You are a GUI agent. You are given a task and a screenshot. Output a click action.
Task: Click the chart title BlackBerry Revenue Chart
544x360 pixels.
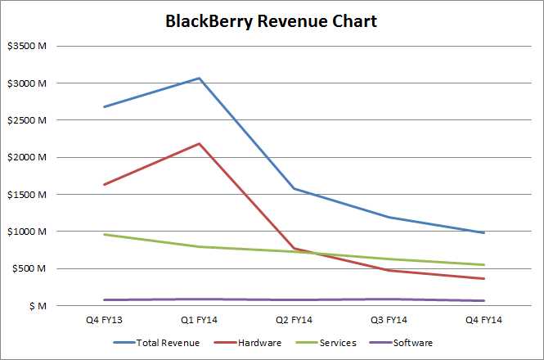(272, 21)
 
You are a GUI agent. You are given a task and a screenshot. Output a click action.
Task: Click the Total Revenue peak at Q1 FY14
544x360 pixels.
(199, 78)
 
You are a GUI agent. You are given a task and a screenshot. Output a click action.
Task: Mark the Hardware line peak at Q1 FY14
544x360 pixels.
(199, 143)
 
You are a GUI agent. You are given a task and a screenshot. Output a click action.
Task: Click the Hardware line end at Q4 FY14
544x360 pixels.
(483, 278)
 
